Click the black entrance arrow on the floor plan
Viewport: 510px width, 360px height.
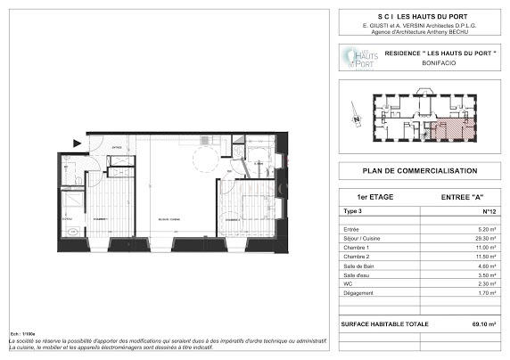click(78, 143)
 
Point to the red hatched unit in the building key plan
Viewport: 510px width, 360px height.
click(446, 132)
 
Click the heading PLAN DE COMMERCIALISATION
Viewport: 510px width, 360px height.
click(419, 171)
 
